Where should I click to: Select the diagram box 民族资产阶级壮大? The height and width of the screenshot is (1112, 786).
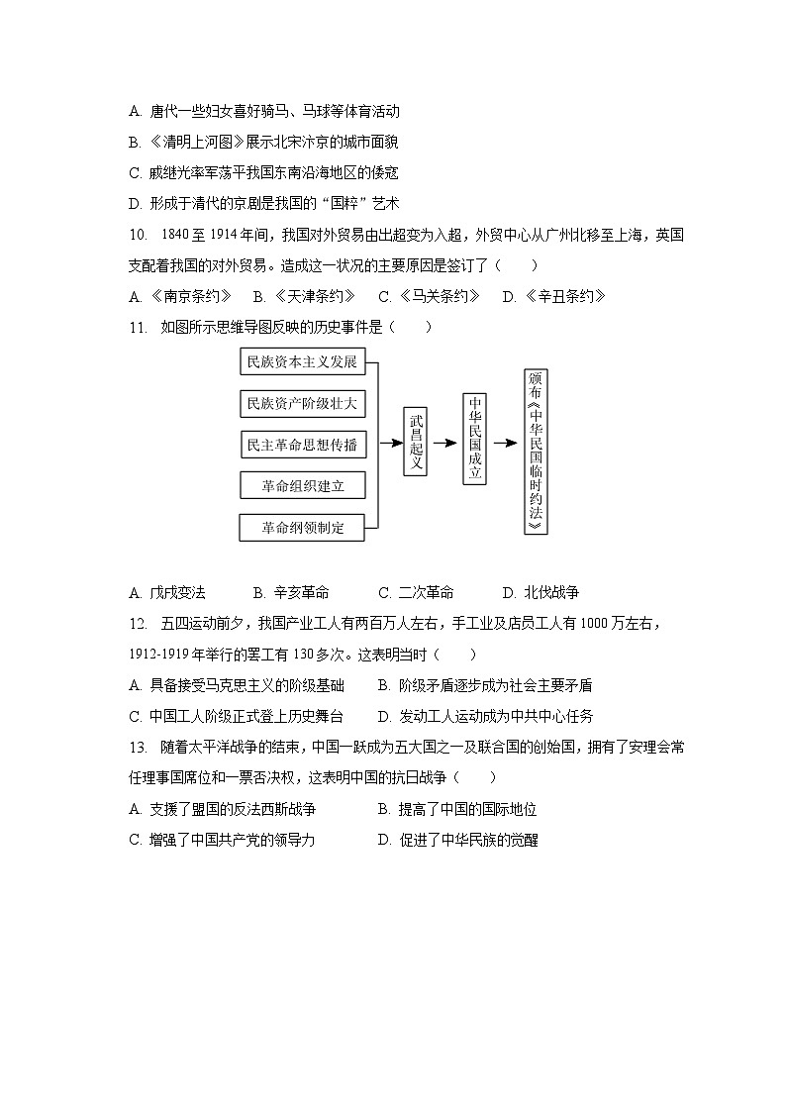(x=302, y=403)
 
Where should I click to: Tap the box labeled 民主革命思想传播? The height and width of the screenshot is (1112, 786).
(x=302, y=445)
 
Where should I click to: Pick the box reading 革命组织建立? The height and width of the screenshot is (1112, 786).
(x=302, y=485)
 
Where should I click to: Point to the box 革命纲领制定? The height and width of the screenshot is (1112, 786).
(x=302, y=528)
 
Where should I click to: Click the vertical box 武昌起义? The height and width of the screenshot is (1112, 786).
(x=416, y=442)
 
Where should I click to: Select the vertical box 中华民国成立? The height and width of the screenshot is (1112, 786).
(x=475, y=439)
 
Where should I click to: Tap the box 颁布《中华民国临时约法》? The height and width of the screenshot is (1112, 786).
(x=536, y=452)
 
